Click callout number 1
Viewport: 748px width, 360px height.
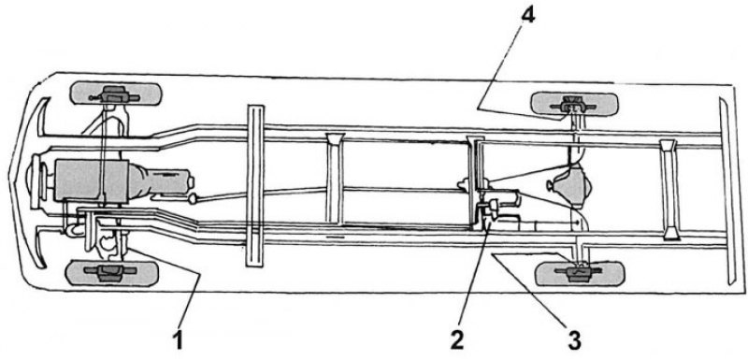(178, 341)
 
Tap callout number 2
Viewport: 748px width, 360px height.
(456, 341)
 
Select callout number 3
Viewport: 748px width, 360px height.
(574, 341)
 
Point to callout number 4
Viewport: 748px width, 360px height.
(528, 15)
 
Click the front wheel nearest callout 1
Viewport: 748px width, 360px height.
(111, 273)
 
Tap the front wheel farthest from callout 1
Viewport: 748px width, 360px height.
(115, 94)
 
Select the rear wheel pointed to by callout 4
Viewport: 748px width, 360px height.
(575, 105)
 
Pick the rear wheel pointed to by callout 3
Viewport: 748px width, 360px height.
(580, 274)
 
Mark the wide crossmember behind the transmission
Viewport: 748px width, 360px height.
(254, 185)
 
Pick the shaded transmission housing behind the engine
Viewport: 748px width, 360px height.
(161, 180)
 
